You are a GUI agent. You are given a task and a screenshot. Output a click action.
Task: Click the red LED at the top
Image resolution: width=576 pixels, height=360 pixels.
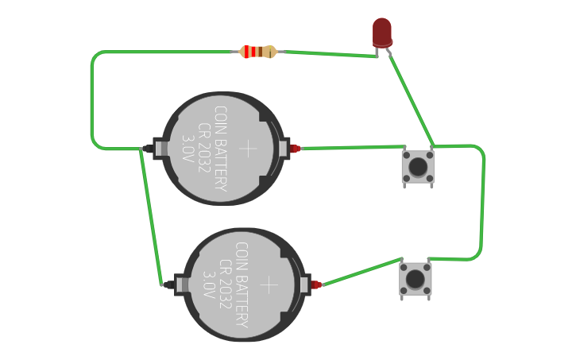[x=382, y=32]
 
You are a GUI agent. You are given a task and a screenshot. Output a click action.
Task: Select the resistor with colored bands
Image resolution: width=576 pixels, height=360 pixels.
[x=257, y=52]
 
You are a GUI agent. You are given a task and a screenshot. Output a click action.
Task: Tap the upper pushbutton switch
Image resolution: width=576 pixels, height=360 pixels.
[x=417, y=165]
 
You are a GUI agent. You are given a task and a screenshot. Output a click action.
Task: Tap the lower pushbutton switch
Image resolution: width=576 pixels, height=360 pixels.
[x=415, y=279]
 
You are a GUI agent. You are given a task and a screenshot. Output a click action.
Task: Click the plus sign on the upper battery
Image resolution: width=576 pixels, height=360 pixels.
[x=249, y=148]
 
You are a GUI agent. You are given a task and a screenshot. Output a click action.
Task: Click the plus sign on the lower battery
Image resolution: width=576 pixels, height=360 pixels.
[x=271, y=285]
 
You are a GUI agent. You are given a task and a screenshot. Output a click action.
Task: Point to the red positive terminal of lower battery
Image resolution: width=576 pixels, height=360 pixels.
[x=317, y=285]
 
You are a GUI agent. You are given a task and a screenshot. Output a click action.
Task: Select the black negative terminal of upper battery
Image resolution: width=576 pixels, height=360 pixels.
[x=149, y=149]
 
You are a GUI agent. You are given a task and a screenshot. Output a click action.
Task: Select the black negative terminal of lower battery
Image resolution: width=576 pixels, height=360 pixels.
[x=170, y=284]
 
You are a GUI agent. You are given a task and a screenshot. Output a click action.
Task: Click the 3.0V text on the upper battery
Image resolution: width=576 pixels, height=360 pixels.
[x=188, y=149]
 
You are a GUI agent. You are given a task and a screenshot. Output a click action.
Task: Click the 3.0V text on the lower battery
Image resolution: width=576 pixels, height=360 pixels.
[x=210, y=285]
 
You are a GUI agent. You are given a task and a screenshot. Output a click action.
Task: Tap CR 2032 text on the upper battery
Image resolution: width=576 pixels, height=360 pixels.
[x=204, y=149]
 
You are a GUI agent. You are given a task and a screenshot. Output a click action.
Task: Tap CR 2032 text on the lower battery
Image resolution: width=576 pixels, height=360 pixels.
[x=226, y=285]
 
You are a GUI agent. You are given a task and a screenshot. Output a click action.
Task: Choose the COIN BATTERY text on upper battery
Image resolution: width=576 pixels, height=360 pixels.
[x=220, y=149]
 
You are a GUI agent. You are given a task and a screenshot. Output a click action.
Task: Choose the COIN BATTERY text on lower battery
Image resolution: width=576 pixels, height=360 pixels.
[x=242, y=285]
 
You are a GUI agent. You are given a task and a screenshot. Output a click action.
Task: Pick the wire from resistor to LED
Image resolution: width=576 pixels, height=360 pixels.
[x=330, y=54]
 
